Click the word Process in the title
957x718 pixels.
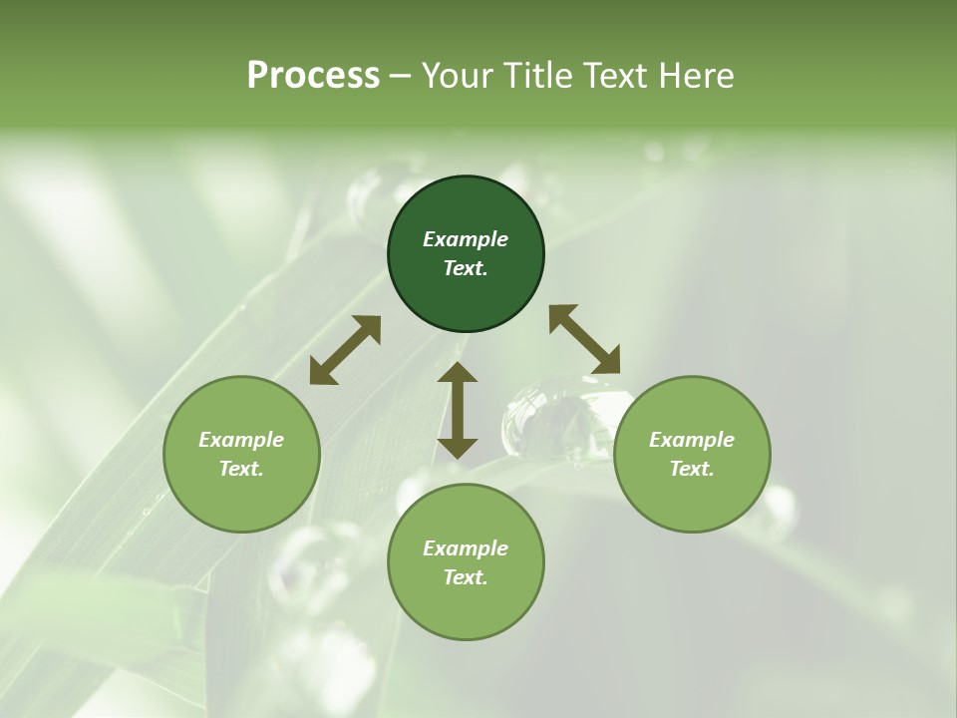(x=313, y=76)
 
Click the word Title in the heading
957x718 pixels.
(x=538, y=76)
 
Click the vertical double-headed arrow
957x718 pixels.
(x=458, y=410)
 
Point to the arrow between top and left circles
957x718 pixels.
(x=345, y=350)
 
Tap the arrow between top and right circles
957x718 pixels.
(x=584, y=339)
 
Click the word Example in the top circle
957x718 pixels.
(x=466, y=239)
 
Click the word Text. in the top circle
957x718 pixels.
(x=466, y=268)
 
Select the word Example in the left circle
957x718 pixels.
(x=241, y=440)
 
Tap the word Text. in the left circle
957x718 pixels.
(x=241, y=469)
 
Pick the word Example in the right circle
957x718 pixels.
(x=692, y=440)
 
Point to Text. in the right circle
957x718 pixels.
(x=692, y=469)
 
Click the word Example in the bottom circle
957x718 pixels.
(x=466, y=548)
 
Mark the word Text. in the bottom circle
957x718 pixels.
(x=466, y=577)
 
